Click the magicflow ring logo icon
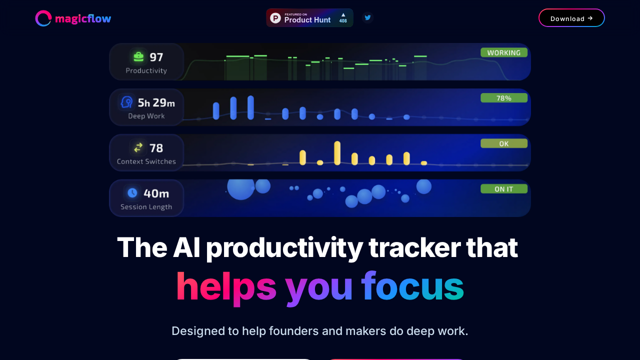coord(43,18)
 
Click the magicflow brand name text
coord(83,19)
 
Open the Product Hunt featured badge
coord(309,18)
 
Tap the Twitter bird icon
coord(367,17)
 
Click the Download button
coord(571,18)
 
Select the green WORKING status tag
coord(504,52)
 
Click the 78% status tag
coord(504,98)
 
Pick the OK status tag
coord(504,143)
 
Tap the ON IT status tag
coord(504,189)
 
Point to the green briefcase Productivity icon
coord(138,57)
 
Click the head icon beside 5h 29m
coord(126,102)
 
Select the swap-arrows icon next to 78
coord(138,147)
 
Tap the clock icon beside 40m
coord(132,192)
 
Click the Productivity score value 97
coord(156,57)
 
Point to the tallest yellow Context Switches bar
coord(337,153)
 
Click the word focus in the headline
coord(412,286)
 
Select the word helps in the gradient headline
coord(226,286)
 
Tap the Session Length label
coord(146,207)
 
